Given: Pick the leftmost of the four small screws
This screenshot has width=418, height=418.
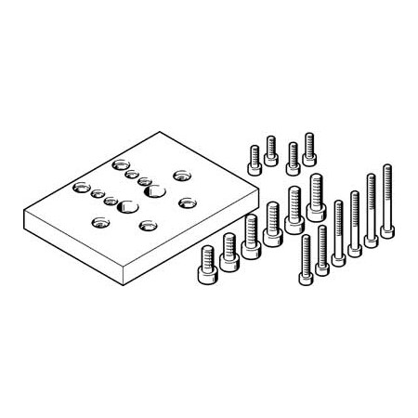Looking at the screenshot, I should (253, 159).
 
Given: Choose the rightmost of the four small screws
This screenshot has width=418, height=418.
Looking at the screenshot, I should (309, 146).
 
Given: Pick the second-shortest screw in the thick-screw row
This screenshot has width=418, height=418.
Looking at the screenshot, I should (228, 255).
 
